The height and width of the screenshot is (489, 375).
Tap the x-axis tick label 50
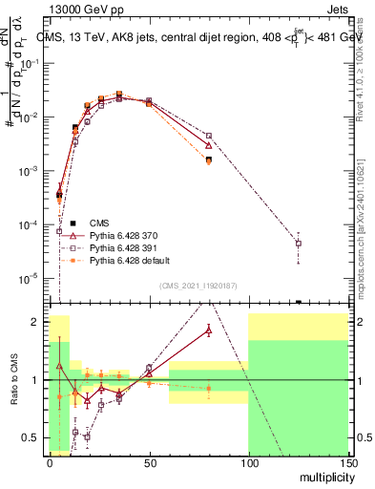coord(148,461)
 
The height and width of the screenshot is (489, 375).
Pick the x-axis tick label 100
coord(248,461)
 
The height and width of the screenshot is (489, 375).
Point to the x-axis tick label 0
coord(50,461)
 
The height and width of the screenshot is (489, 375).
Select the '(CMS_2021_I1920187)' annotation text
coord(198,285)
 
